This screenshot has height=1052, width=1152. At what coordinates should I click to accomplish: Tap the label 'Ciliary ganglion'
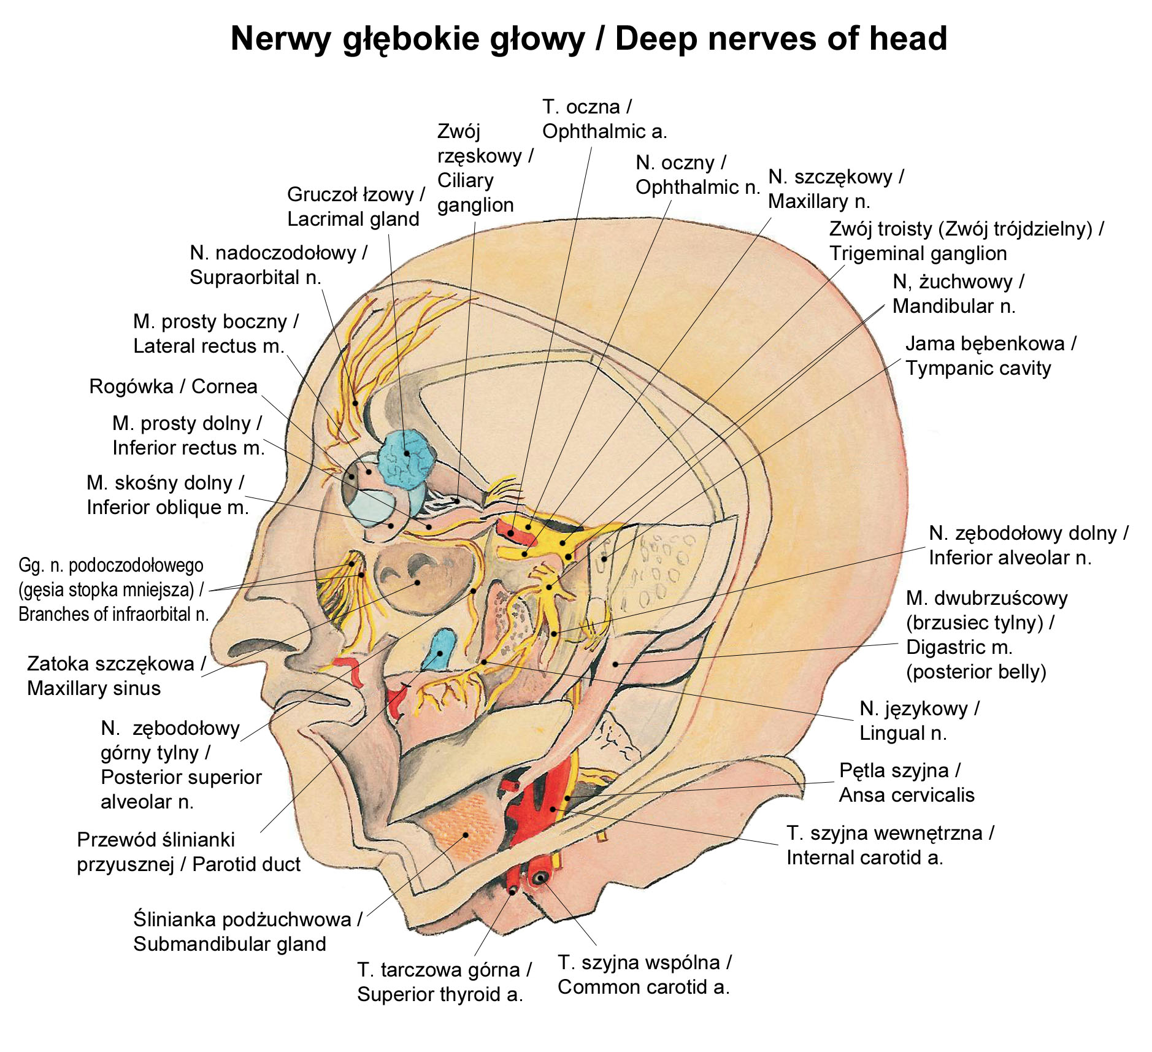point(475,193)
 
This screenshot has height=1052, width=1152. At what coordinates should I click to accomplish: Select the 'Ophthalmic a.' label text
point(604,131)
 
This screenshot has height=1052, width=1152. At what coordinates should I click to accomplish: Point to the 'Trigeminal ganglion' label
point(918,253)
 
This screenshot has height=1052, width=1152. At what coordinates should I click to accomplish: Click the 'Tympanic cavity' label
point(978,368)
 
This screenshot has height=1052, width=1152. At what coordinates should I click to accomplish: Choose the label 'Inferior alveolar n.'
point(1010,558)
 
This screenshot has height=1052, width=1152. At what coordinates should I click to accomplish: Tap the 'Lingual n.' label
point(903,733)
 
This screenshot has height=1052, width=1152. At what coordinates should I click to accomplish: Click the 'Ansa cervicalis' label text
point(907,795)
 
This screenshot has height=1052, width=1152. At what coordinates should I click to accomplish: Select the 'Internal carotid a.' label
point(864,858)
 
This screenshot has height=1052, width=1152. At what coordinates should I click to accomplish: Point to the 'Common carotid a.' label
point(643,987)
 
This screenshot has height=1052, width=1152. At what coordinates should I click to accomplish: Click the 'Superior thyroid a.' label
point(440,994)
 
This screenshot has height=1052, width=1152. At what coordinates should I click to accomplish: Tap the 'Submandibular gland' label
point(229,944)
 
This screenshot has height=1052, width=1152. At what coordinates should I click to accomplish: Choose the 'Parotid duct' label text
point(246,864)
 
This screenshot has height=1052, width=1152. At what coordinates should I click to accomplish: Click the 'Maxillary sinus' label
point(94,688)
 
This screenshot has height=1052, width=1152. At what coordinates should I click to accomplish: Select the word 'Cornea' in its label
point(224,386)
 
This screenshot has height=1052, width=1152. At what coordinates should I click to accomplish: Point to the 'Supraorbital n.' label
point(255,277)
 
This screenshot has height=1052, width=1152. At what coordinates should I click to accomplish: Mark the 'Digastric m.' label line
point(959,647)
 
